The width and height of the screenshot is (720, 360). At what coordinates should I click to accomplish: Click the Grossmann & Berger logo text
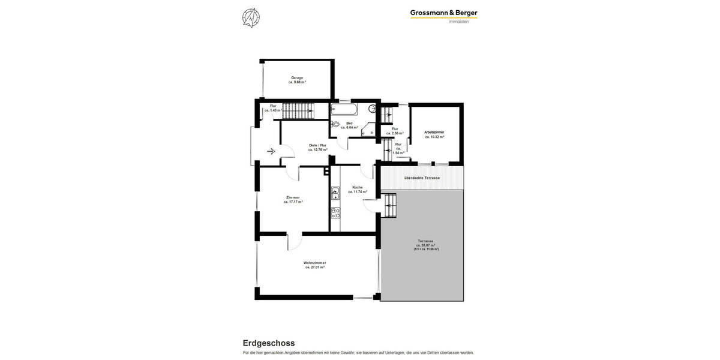coord(443,13)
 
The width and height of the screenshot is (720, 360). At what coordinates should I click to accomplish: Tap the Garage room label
coord(297,77)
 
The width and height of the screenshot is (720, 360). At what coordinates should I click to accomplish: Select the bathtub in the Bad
coord(344,109)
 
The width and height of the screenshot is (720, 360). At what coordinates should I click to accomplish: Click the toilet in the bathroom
coord(335,125)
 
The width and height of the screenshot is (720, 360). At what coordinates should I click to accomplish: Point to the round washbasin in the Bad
coord(372,109)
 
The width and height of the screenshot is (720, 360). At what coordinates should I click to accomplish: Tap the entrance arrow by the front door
coord(271,151)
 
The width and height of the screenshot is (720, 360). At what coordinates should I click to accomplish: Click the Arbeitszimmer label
coord(434,131)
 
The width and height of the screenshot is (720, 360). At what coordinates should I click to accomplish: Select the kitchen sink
coord(335,193)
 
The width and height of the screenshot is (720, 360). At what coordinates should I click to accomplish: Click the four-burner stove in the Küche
coord(335,212)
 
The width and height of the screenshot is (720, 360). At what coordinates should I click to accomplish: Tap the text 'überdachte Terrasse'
coord(422,178)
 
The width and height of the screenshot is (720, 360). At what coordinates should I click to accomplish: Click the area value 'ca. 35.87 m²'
coord(426,245)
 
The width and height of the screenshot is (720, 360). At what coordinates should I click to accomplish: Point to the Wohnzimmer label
coord(314,263)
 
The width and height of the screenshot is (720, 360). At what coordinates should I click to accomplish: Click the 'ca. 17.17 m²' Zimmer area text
coord(293,202)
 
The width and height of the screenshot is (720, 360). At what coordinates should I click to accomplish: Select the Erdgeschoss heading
coord(268,343)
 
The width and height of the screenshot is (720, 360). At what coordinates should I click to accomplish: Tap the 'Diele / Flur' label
coord(317,145)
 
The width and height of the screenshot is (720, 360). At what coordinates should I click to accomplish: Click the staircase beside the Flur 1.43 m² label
coord(298,110)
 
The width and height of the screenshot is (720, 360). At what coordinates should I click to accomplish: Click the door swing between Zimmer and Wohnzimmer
coord(294,241)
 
